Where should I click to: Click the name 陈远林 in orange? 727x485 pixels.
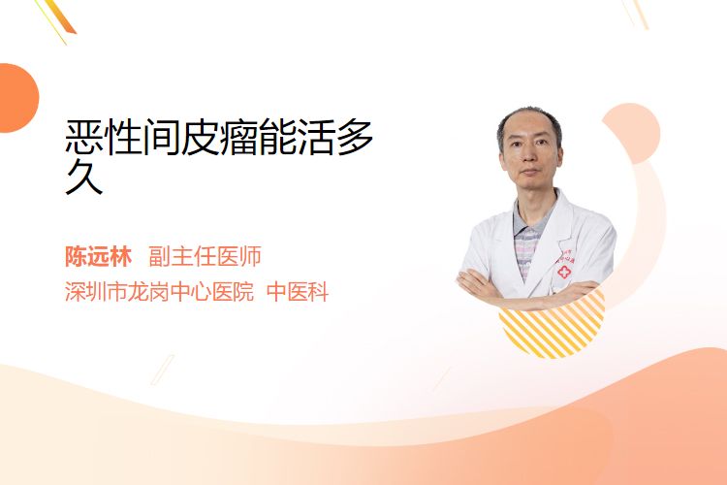[x=98, y=256]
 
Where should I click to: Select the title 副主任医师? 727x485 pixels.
[x=205, y=256]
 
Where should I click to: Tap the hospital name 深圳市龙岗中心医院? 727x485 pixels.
[x=160, y=291]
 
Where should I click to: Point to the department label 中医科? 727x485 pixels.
[x=299, y=291]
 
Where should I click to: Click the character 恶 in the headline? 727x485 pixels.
[x=84, y=137]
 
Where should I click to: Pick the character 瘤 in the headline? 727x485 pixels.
[x=239, y=137]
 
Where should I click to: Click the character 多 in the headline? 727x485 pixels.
[x=356, y=137]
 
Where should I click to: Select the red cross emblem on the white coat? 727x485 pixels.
[x=564, y=272]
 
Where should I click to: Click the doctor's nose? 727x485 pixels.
[x=529, y=158]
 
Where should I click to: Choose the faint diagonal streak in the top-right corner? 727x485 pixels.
[x=636, y=14]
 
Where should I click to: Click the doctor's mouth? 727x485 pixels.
[x=530, y=173]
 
